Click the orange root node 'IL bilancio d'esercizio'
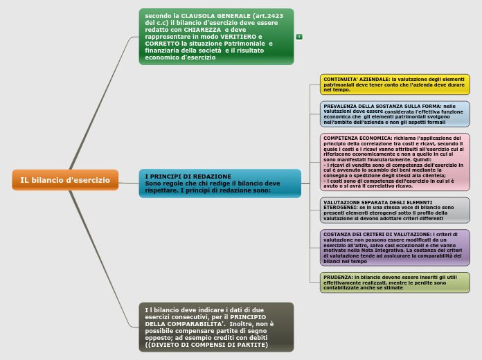click(x=65, y=180)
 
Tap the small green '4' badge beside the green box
click(x=298, y=36)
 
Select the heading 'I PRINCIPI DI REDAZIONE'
click(x=188, y=176)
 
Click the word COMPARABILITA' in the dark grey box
click(x=177, y=323)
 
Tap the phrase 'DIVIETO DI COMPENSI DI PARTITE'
click(x=208, y=344)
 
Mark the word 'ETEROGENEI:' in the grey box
click(x=340, y=207)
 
